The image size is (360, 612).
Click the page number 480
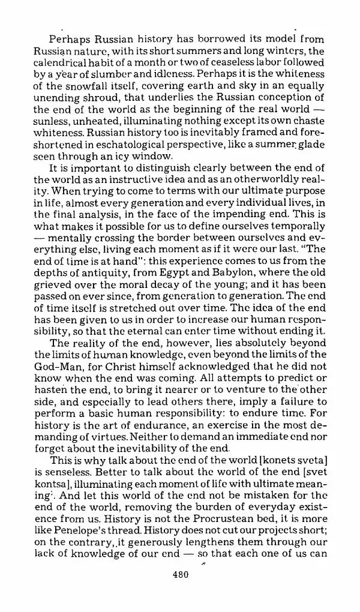[x=180, y=574]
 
